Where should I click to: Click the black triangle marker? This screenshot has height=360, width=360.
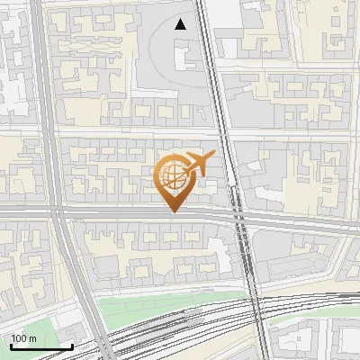click(181, 24)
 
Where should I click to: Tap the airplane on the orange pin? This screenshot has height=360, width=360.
click(198, 163)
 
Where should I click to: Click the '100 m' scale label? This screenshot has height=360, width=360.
click(24, 338)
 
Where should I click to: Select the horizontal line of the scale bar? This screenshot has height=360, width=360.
click(41, 347)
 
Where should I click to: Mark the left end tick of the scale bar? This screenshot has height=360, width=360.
click(11, 346)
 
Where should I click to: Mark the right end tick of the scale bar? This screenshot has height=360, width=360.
click(72, 346)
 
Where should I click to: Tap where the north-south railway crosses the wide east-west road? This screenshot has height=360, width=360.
click(241, 216)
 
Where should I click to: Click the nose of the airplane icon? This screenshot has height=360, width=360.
click(213, 156)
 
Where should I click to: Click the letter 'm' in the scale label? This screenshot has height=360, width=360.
click(33, 338)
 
